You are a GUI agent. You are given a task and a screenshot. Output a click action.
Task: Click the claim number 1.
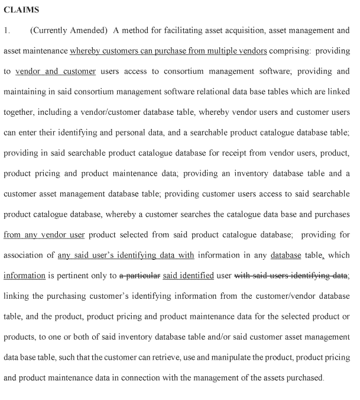click(7, 30)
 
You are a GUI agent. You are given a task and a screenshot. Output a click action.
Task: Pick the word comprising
click(289, 51)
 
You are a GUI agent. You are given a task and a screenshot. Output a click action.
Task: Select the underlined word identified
click(197, 276)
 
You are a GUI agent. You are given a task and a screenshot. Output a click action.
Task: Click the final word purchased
click(305, 378)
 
